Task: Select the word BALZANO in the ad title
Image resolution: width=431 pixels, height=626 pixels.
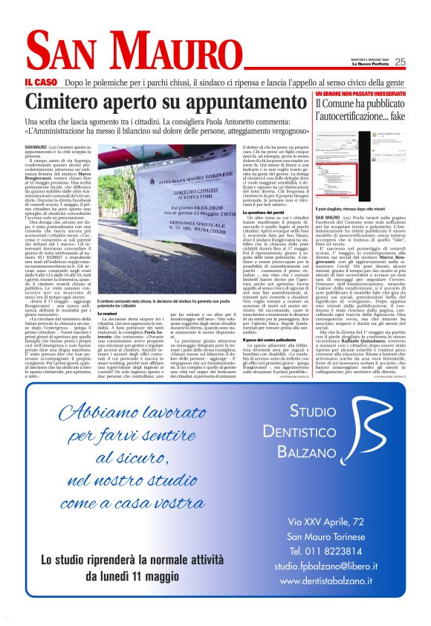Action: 327,452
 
